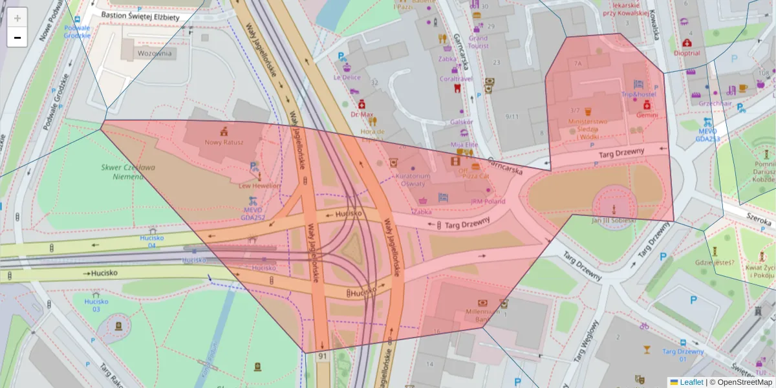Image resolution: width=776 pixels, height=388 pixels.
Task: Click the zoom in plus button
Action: [x=17, y=18]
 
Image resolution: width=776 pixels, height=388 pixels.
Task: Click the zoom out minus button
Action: [x=17, y=38]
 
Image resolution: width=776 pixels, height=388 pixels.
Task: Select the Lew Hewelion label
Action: [x=260, y=186]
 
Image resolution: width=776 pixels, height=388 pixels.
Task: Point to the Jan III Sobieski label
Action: [x=614, y=220]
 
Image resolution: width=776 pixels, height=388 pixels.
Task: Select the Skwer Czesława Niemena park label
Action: [x=122, y=171]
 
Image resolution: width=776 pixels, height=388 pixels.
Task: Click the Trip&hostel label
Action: [x=638, y=94]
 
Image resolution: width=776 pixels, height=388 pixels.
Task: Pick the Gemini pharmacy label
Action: [x=647, y=114]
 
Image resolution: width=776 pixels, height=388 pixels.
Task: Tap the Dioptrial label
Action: [x=687, y=53]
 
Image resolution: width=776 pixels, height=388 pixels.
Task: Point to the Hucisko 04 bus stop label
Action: [x=153, y=241]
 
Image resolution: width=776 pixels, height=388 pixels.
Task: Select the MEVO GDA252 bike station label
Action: [x=253, y=213]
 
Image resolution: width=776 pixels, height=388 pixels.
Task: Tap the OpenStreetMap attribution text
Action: [x=744, y=382]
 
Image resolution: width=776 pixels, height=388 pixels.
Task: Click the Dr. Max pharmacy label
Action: [x=362, y=114]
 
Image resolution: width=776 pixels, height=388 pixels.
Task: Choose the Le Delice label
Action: [x=347, y=77]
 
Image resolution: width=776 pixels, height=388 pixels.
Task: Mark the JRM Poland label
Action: [x=488, y=201]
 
